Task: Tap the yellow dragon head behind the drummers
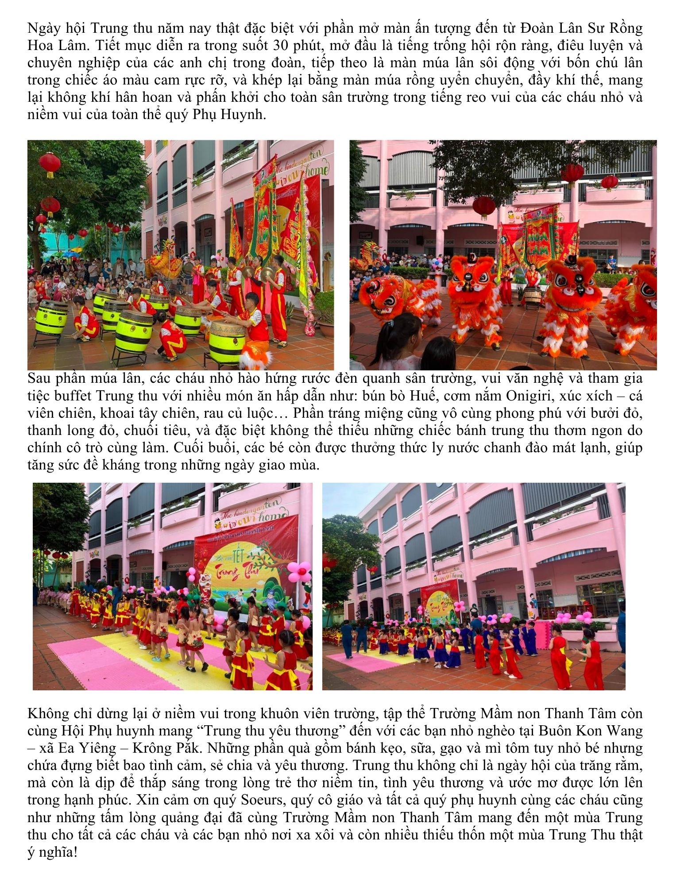tap(166, 252)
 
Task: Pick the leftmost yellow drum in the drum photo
tap(51, 317)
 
